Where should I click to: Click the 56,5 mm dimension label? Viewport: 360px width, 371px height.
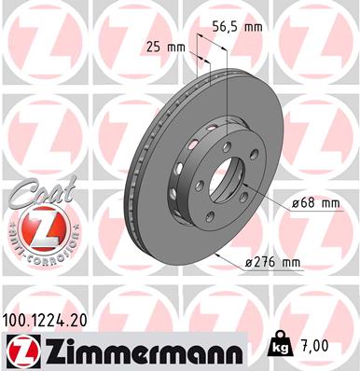(x=234, y=26)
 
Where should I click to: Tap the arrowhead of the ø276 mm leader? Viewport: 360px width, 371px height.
(x=217, y=263)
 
